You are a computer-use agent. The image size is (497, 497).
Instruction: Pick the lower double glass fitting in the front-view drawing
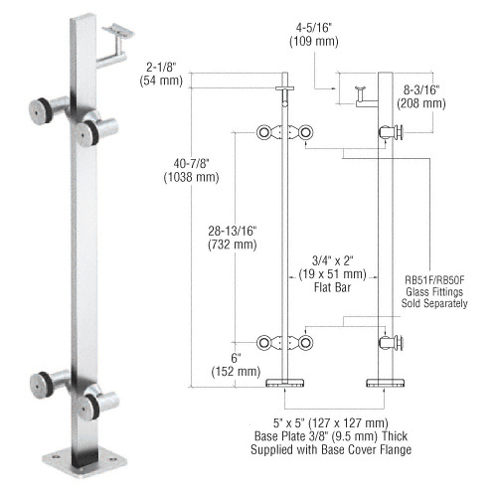pyautogui.click(x=285, y=343)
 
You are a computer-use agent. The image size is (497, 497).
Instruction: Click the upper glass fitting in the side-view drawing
pyautogui.click(x=392, y=131)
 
